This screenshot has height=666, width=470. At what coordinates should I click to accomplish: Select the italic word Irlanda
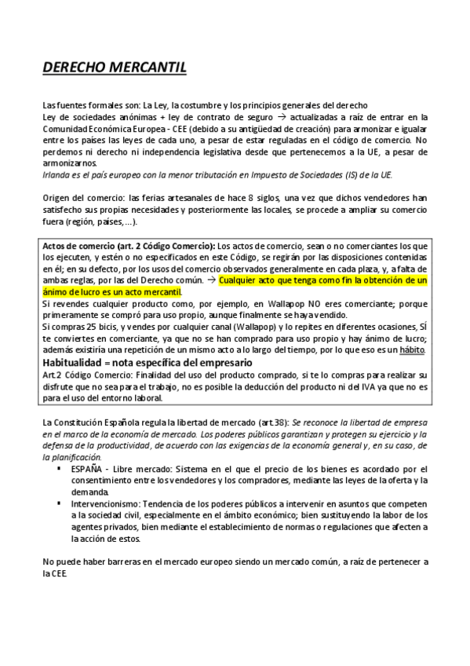click(57, 174)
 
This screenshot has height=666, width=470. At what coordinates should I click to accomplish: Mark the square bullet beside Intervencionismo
click(59, 500)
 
